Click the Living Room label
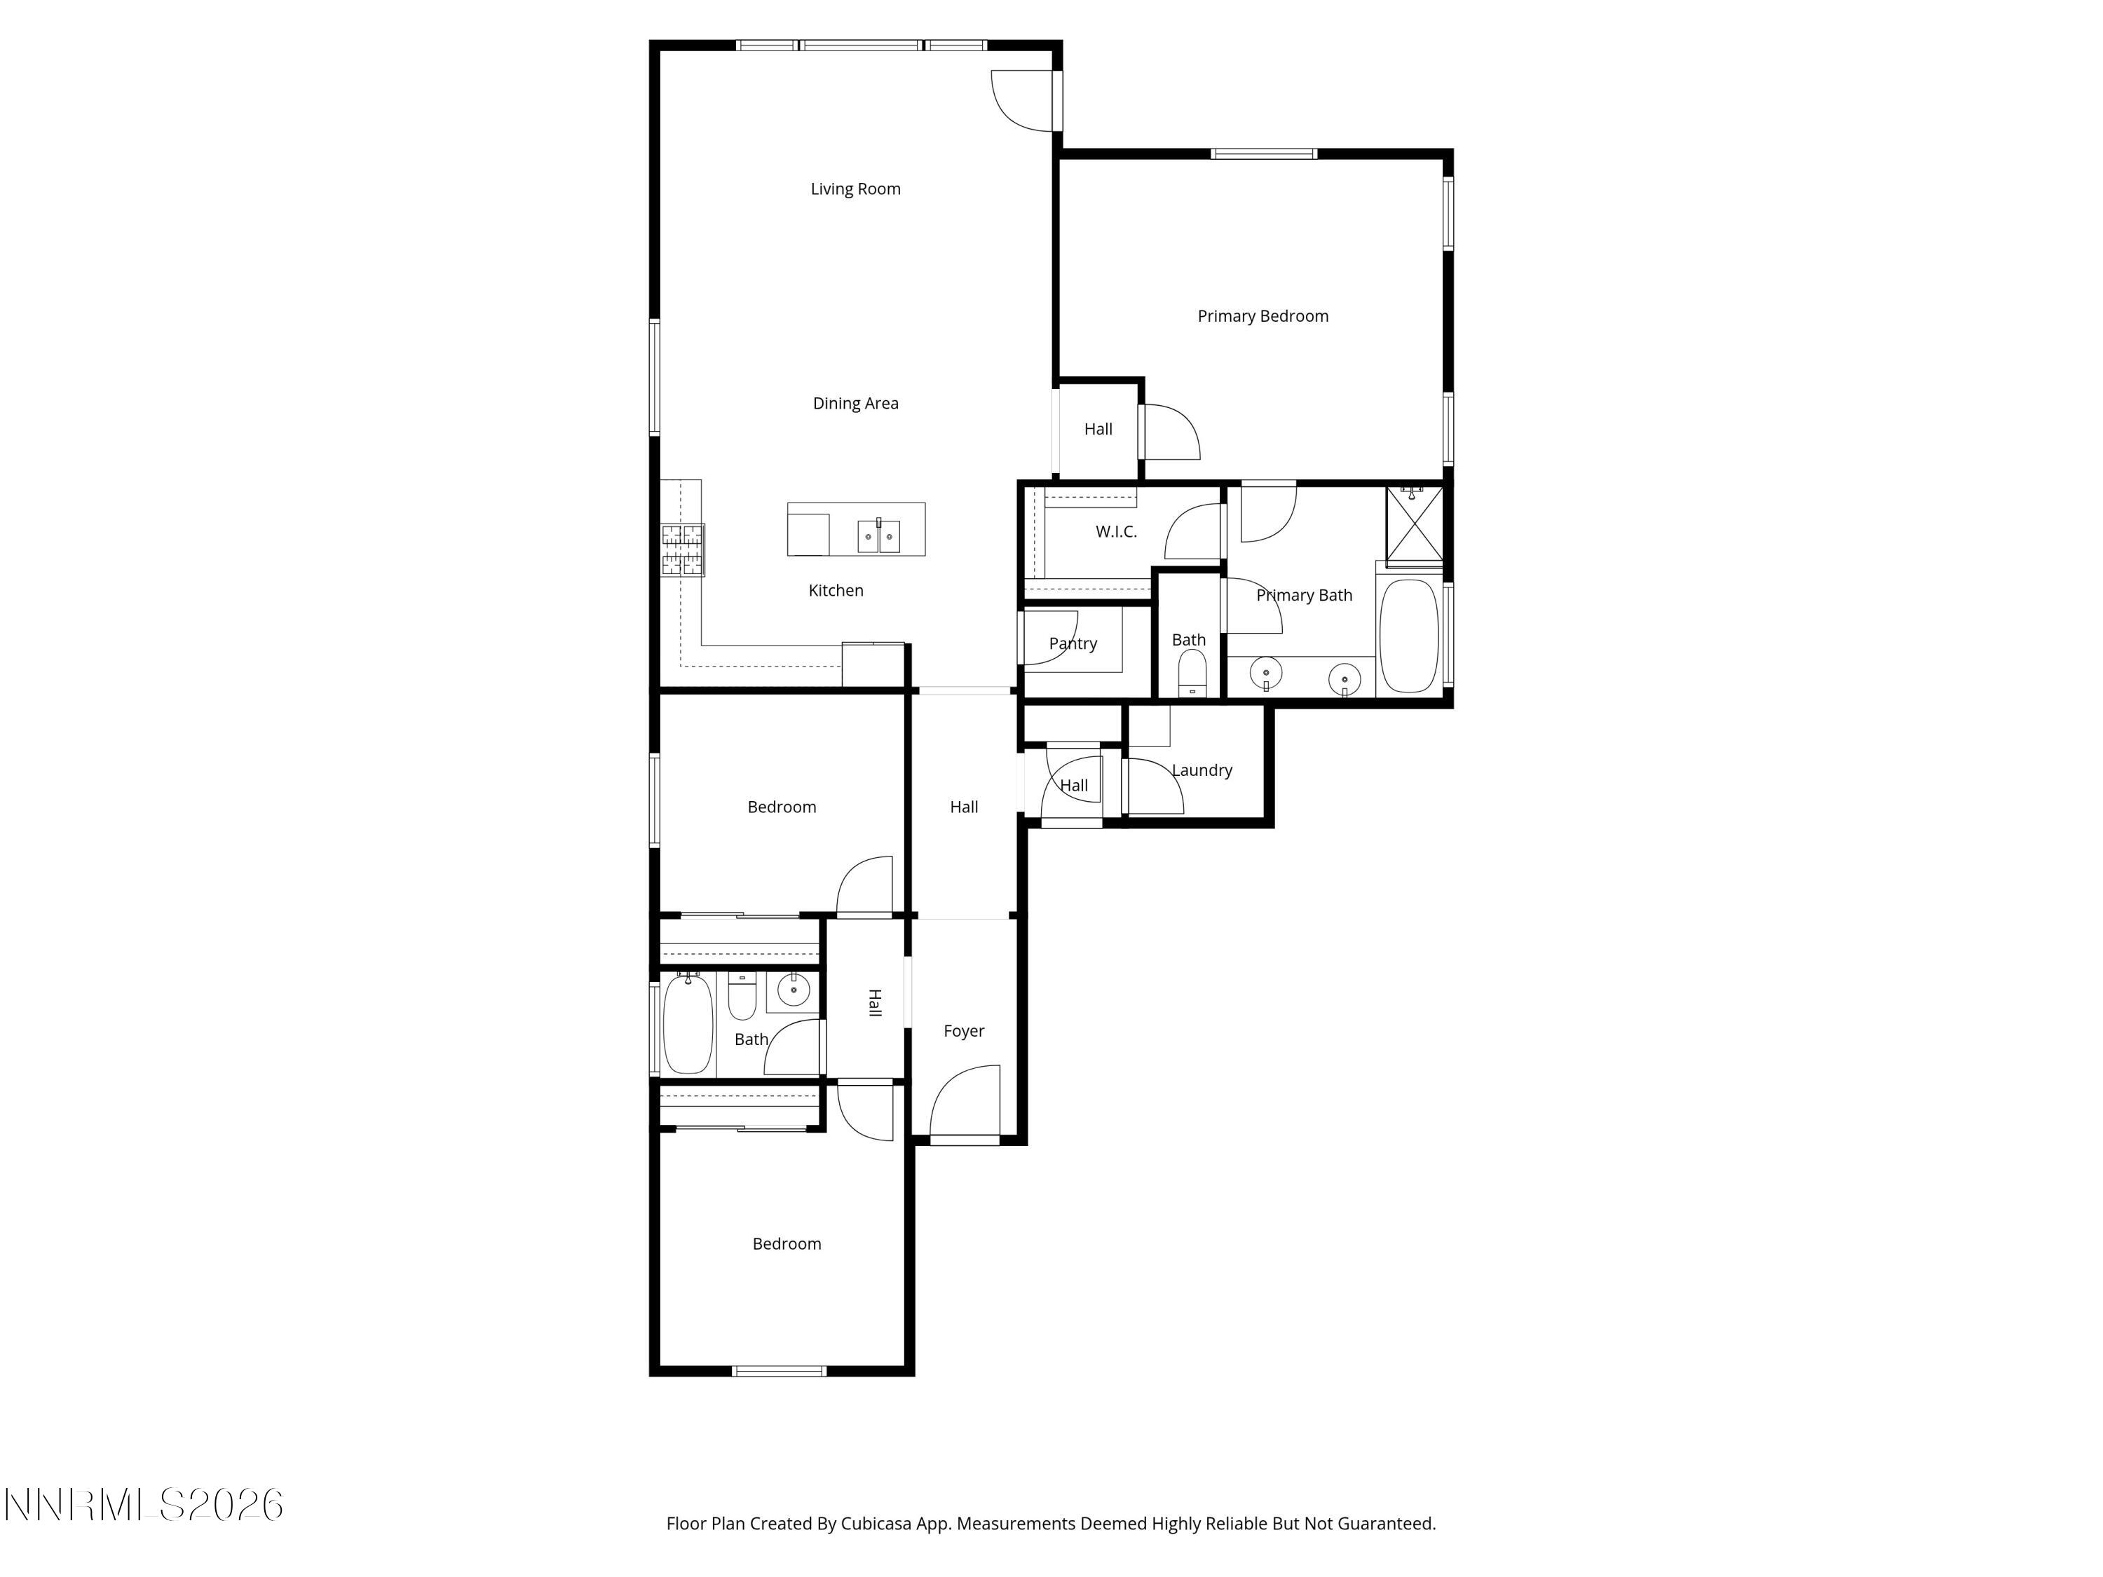[x=855, y=189]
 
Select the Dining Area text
[x=855, y=404]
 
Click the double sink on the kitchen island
[x=878, y=537]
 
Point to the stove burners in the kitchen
[x=683, y=550]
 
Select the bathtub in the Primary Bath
[x=1408, y=635]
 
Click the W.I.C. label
[x=1115, y=532]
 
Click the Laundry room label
[x=1201, y=771]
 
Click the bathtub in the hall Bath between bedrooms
[x=686, y=1025]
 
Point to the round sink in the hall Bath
[x=793, y=990]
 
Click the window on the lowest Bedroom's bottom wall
[x=779, y=1371]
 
